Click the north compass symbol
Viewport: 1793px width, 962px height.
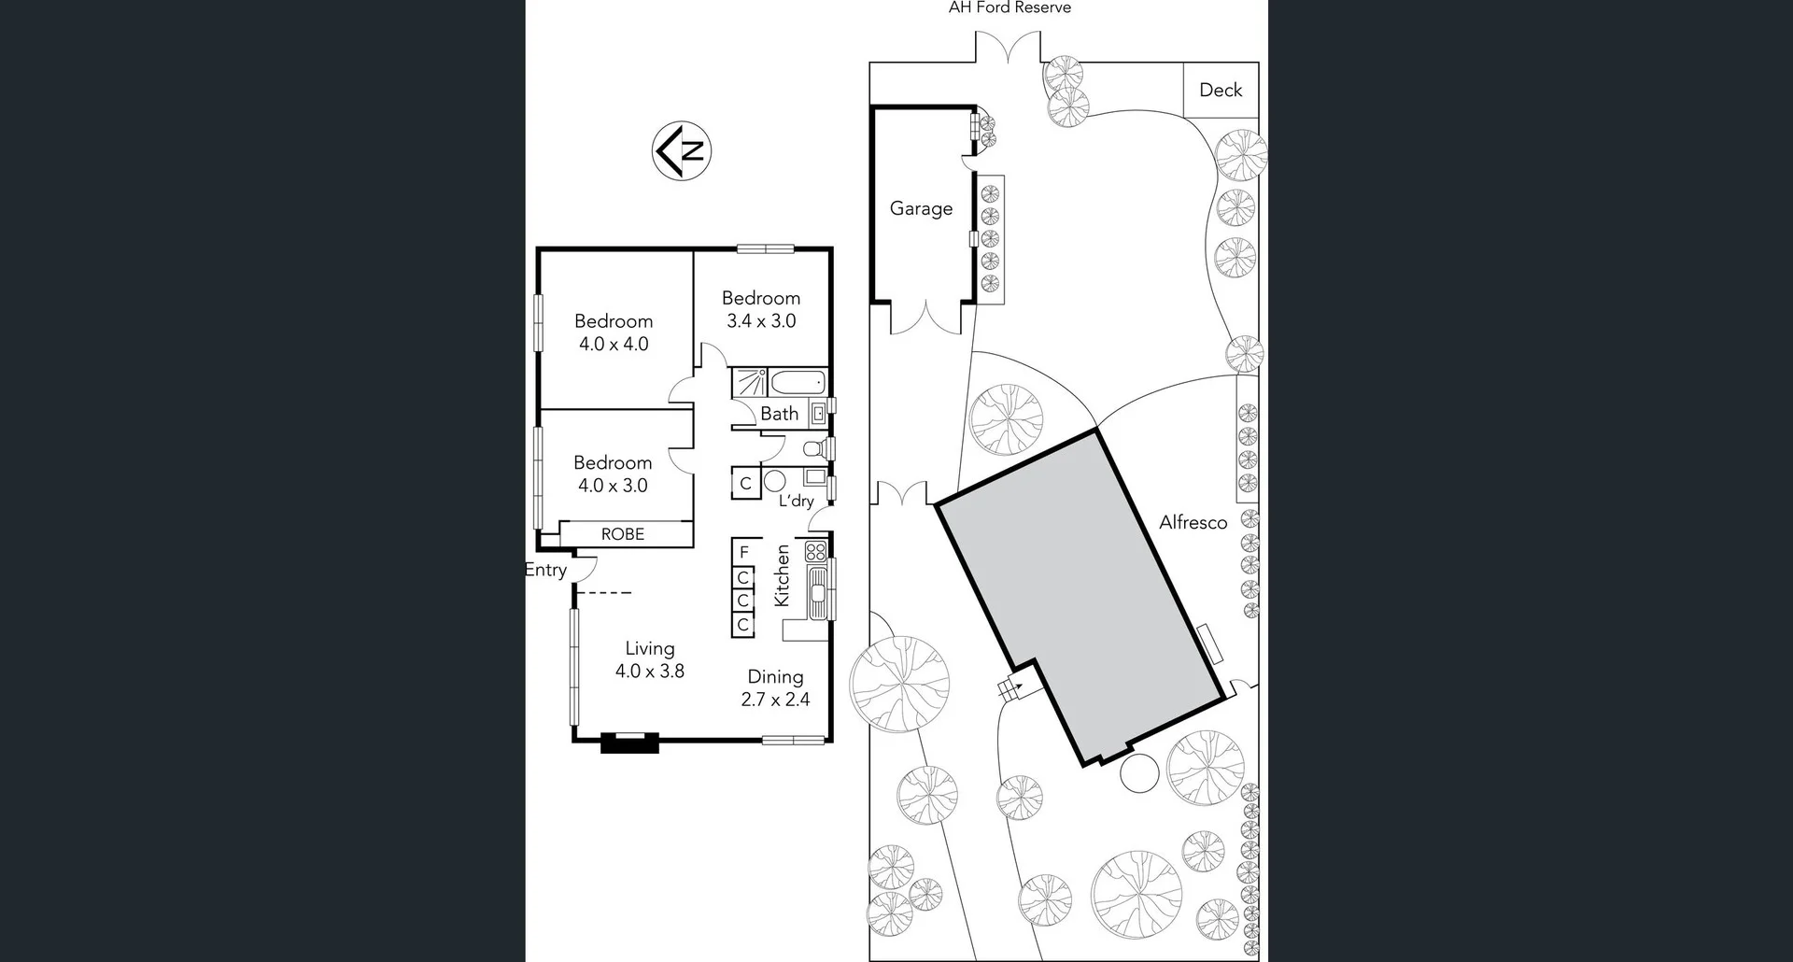coord(682,150)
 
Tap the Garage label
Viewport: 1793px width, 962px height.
coord(921,208)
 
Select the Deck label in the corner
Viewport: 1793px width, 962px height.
coord(1221,90)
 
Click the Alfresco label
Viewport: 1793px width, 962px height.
coord(1193,523)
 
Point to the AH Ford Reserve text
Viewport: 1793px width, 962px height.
coord(1009,7)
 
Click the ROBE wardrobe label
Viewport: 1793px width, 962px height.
coord(622,534)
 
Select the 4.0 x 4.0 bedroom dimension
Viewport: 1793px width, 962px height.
coord(614,344)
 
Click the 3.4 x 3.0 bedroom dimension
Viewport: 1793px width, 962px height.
coord(761,321)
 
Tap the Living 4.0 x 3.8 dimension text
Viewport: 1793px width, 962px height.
coord(650,671)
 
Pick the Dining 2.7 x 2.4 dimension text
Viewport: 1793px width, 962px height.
coord(775,699)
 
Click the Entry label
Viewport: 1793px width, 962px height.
coord(545,570)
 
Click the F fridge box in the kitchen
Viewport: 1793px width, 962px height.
coord(744,552)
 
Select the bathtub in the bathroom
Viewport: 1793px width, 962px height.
coord(798,382)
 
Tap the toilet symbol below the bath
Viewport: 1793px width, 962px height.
coord(813,448)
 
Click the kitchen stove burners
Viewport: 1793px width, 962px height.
coord(815,551)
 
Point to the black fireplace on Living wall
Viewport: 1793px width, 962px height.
coord(629,743)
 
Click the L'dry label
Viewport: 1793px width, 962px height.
coord(797,502)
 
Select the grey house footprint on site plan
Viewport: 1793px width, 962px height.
coord(1079,598)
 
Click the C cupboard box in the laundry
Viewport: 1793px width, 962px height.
coord(745,484)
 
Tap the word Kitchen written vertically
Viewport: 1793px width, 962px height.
coord(783,575)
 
